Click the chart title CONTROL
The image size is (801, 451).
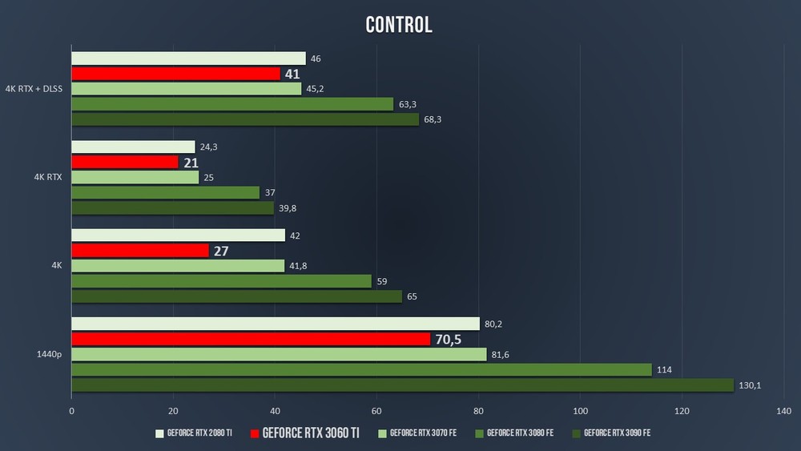399,25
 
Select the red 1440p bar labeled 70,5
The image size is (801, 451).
251,339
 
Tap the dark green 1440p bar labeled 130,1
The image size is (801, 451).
402,385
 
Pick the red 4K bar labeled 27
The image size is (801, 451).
140,251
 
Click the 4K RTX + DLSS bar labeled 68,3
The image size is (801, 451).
245,119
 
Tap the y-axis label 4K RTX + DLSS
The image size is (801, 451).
34,89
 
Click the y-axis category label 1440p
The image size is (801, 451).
50,354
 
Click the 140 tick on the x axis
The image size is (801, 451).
783,411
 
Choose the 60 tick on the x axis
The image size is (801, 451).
376,411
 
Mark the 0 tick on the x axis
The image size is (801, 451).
72,411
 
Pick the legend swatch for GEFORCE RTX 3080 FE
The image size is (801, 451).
481,433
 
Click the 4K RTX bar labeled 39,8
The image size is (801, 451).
172,207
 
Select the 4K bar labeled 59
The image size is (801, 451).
222,281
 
